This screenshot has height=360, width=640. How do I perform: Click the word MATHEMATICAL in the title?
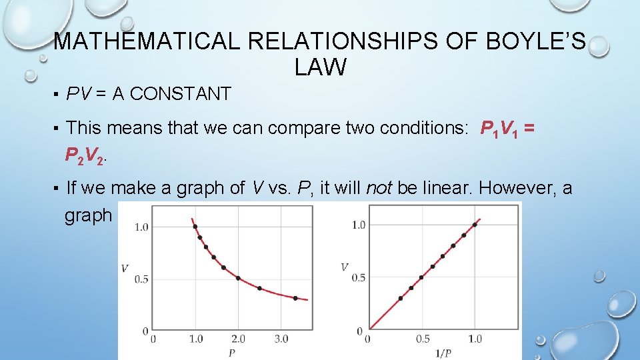[147, 41]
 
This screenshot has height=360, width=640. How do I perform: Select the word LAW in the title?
[319, 67]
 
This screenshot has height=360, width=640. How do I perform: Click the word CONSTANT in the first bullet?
[181, 95]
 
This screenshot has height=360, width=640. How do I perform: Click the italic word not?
[379, 189]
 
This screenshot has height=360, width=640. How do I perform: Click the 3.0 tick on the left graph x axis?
[281, 339]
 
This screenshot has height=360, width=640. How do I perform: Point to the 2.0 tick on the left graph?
[239, 339]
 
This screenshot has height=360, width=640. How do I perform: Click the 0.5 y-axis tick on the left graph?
[141, 279]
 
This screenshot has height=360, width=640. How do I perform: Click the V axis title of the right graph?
[345, 267]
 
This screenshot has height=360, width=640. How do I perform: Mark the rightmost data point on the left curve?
[295, 298]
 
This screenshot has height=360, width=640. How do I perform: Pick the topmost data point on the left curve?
[195, 227]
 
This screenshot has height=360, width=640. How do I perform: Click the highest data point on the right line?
[475, 225]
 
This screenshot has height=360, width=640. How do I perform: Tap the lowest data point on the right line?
[400, 298]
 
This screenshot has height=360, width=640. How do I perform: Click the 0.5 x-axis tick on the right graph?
[423, 339]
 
